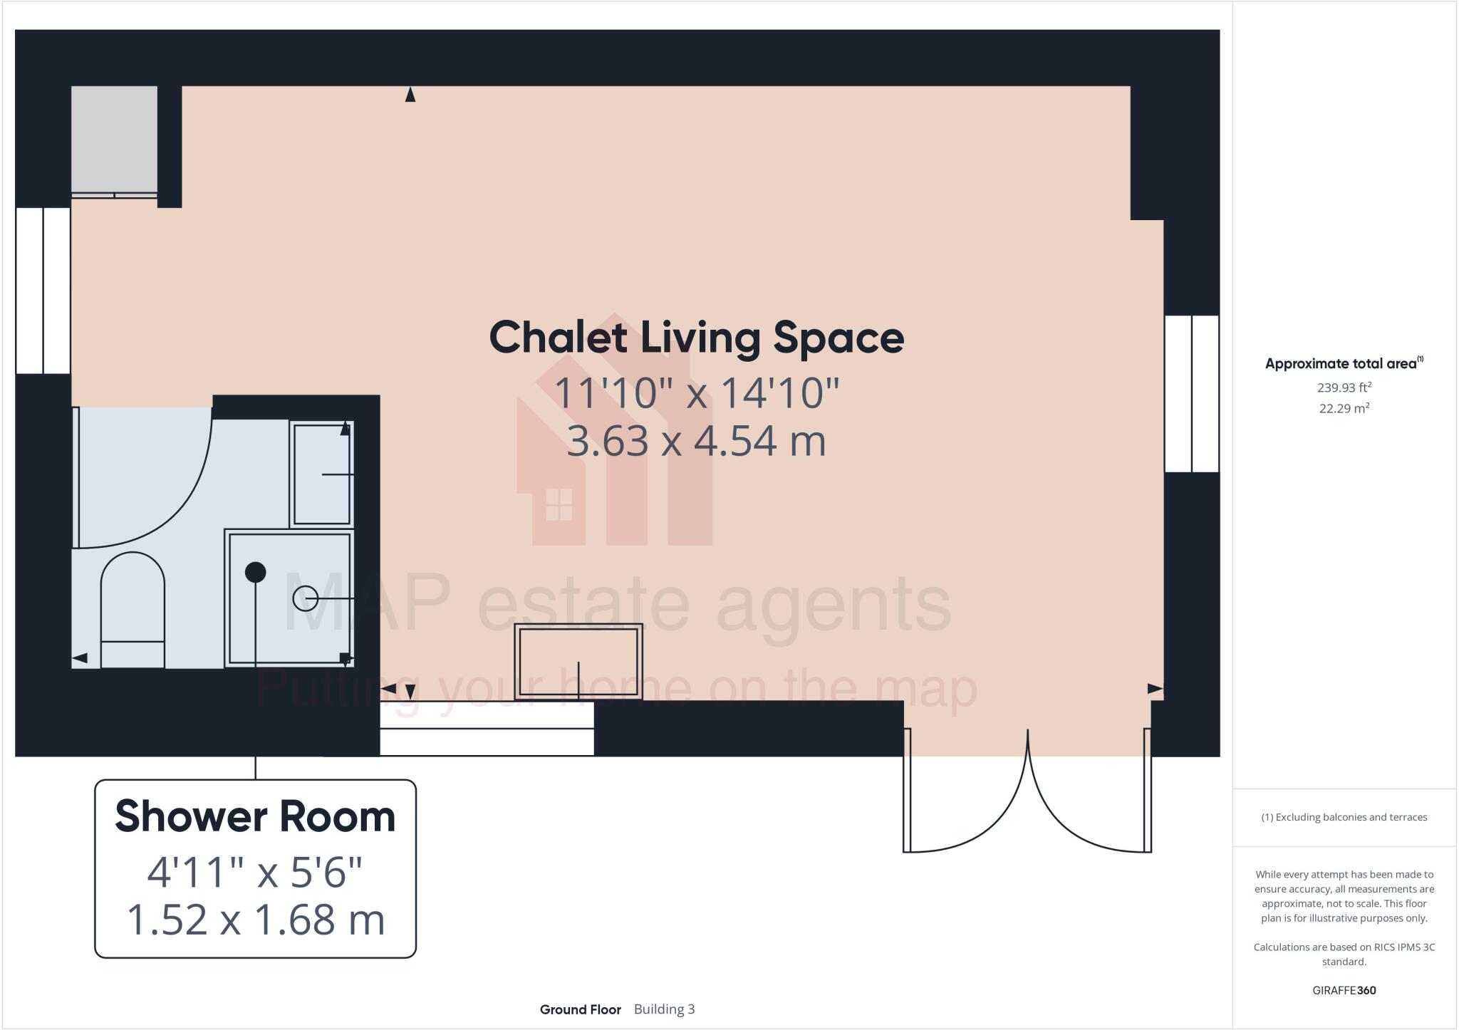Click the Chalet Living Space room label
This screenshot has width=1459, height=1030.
point(696,338)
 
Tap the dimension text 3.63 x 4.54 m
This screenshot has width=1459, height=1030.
point(696,441)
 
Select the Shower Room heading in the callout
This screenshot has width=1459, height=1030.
point(255,816)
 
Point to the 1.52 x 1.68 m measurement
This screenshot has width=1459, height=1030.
point(255,920)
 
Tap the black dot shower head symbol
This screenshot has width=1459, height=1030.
point(255,572)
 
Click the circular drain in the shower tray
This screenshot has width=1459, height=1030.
point(306,598)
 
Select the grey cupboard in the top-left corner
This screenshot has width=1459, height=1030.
point(114,139)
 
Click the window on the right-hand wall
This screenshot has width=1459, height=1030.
point(1191,393)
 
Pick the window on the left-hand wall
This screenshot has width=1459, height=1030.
point(43,290)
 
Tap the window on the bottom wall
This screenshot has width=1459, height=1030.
point(487,728)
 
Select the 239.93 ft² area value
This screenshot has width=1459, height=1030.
point(1344,388)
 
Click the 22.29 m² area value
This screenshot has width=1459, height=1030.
point(1344,409)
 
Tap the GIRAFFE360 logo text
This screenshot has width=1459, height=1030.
point(1344,990)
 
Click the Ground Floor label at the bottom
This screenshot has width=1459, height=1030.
point(580,1009)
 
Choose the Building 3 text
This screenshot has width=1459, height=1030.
point(664,1009)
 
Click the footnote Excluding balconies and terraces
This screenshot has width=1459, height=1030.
point(1344,817)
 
